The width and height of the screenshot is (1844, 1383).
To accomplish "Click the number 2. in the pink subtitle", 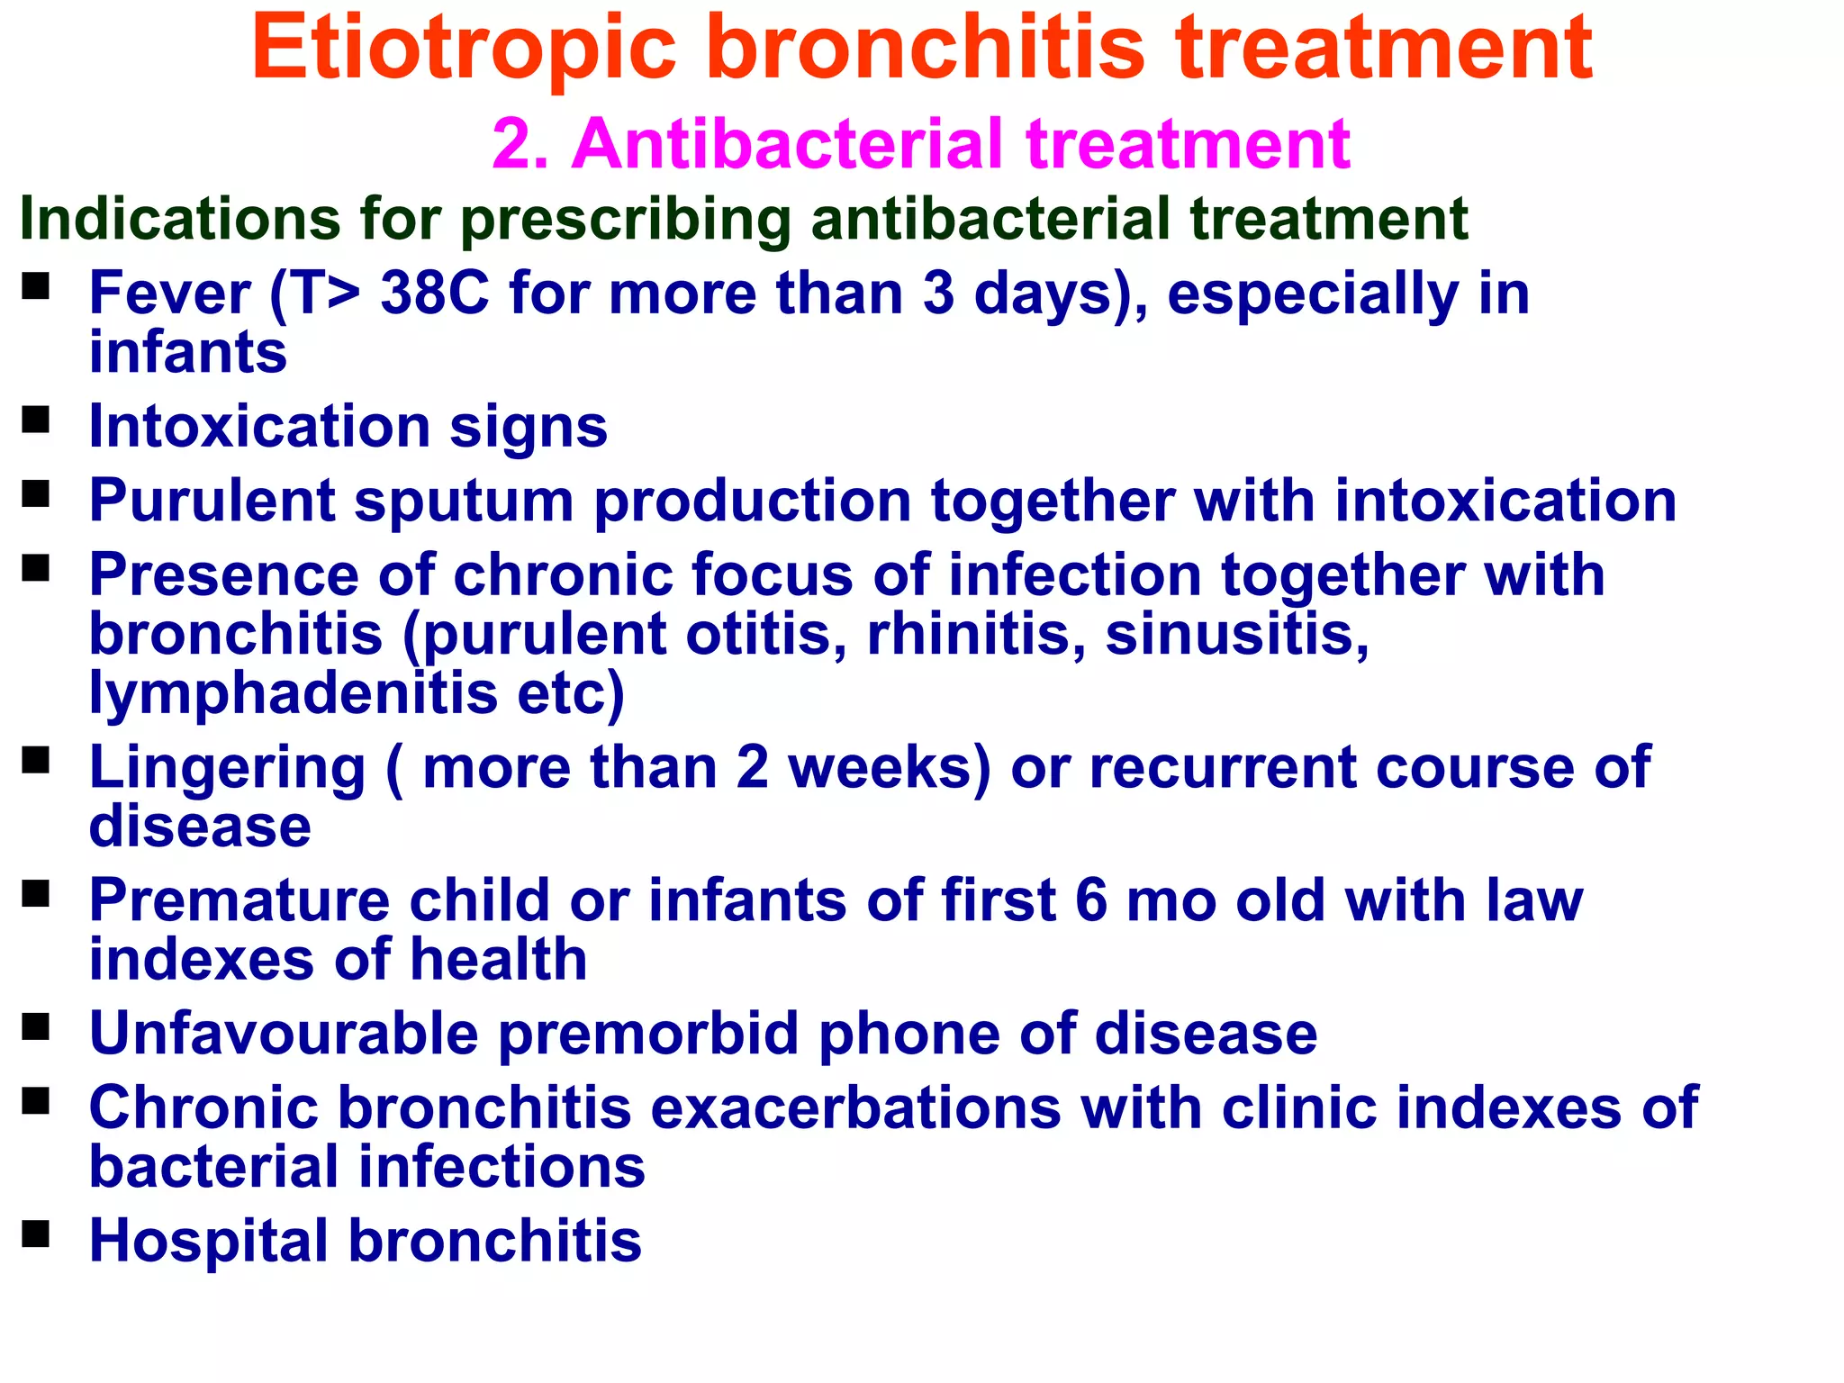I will pos(520,144).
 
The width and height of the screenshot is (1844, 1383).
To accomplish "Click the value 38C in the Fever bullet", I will pos(435,294).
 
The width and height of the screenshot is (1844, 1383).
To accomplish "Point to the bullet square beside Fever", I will pos(35,287).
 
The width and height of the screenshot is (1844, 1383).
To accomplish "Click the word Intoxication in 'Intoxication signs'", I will pos(259,426).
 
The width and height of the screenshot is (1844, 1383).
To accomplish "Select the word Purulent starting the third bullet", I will pos(212,501).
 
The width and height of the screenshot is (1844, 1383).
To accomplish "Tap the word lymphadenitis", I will pos(294,693).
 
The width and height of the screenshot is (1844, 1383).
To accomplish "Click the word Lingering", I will pos(227,768).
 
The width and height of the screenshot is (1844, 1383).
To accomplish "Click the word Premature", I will pos(239,900).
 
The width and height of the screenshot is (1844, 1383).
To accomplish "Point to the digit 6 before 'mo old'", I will pos(1090,900).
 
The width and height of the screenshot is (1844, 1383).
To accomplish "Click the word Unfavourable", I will pos(284,1033).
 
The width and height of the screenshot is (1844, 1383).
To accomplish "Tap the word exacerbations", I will pos(855,1107).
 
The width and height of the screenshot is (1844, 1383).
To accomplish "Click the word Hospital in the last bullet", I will pos(209,1242).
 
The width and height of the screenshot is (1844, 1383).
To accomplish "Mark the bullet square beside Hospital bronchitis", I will pos(35,1234).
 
